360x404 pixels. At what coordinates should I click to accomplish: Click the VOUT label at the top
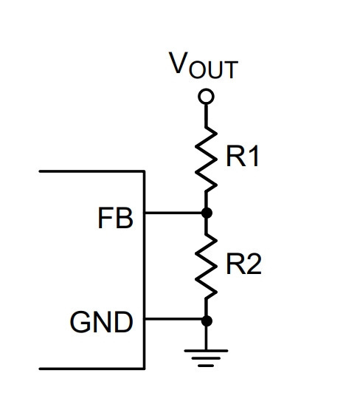(204, 65)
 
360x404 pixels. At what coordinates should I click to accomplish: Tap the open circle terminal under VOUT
(206, 97)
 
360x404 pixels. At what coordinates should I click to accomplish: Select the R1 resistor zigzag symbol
(206, 160)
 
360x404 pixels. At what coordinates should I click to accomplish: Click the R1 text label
(242, 157)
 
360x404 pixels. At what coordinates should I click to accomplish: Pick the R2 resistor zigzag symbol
(206, 267)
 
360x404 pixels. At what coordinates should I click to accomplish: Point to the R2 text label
(243, 264)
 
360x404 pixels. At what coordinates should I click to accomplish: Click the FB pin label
(116, 218)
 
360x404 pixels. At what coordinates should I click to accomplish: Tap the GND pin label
(101, 322)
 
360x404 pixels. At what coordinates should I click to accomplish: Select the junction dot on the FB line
(207, 213)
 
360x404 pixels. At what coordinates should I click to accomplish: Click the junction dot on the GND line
(207, 321)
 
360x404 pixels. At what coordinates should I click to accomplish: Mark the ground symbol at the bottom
(206, 358)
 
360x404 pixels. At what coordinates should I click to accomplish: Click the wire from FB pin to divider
(173, 213)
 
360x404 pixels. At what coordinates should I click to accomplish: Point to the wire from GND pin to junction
(173, 320)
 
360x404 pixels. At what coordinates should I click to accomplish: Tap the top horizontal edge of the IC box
(92, 171)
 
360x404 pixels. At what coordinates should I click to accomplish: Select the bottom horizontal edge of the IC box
(92, 369)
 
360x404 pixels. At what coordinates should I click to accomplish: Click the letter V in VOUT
(177, 62)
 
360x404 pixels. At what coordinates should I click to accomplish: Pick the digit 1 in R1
(254, 157)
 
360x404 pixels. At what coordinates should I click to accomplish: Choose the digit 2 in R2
(254, 264)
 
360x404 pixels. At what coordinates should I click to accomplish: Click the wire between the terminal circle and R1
(206, 115)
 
